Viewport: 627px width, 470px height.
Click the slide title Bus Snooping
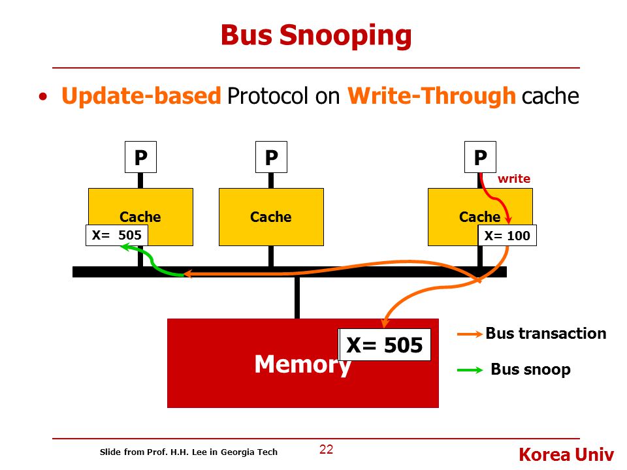pos(316,36)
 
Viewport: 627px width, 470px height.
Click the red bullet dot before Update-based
pos(43,97)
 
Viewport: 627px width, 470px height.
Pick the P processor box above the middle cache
pos(271,157)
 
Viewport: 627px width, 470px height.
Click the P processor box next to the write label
pos(480,157)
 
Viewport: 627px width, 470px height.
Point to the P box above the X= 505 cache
pos(140,157)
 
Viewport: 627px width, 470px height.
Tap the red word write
pos(514,179)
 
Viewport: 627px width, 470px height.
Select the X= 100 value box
pos(507,236)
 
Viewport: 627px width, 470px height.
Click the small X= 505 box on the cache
pos(117,235)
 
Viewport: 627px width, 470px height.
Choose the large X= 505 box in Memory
pos(384,345)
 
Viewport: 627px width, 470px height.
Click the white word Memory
pos(302,364)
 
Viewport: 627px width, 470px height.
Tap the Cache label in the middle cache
pos(270,217)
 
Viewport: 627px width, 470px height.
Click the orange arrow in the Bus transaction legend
pos(470,334)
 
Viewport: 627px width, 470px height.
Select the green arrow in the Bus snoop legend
pos(470,370)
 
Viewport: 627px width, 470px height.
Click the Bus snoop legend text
pos(530,369)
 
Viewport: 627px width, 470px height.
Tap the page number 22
pos(327,449)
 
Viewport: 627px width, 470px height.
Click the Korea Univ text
pos(566,455)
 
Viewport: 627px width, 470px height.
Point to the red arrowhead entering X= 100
pos(508,219)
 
